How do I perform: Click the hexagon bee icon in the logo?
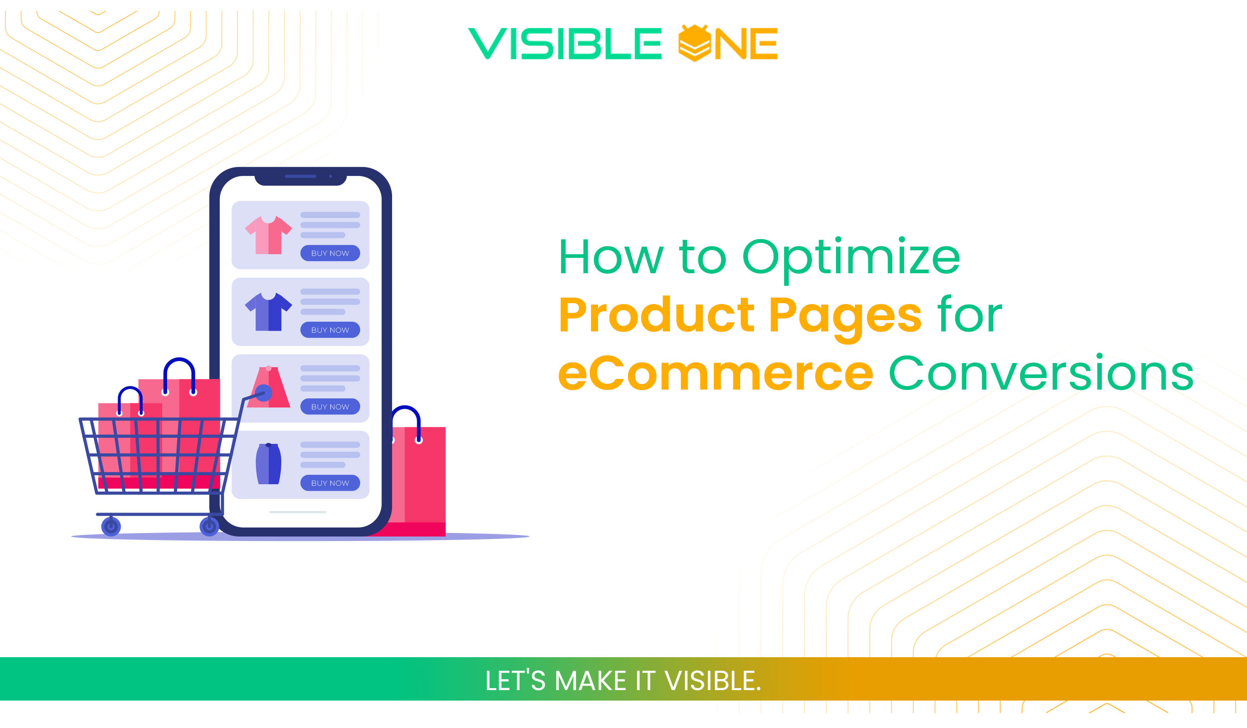(x=694, y=43)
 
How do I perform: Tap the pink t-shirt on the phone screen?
(x=268, y=235)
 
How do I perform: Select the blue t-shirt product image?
(x=268, y=312)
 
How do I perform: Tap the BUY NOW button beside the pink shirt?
(x=330, y=253)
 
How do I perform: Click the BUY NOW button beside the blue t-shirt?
(x=330, y=330)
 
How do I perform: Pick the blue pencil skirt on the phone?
(x=268, y=464)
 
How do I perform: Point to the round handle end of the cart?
(x=263, y=393)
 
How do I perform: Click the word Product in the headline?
(x=656, y=315)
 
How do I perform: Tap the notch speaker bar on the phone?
(x=300, y=177)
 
